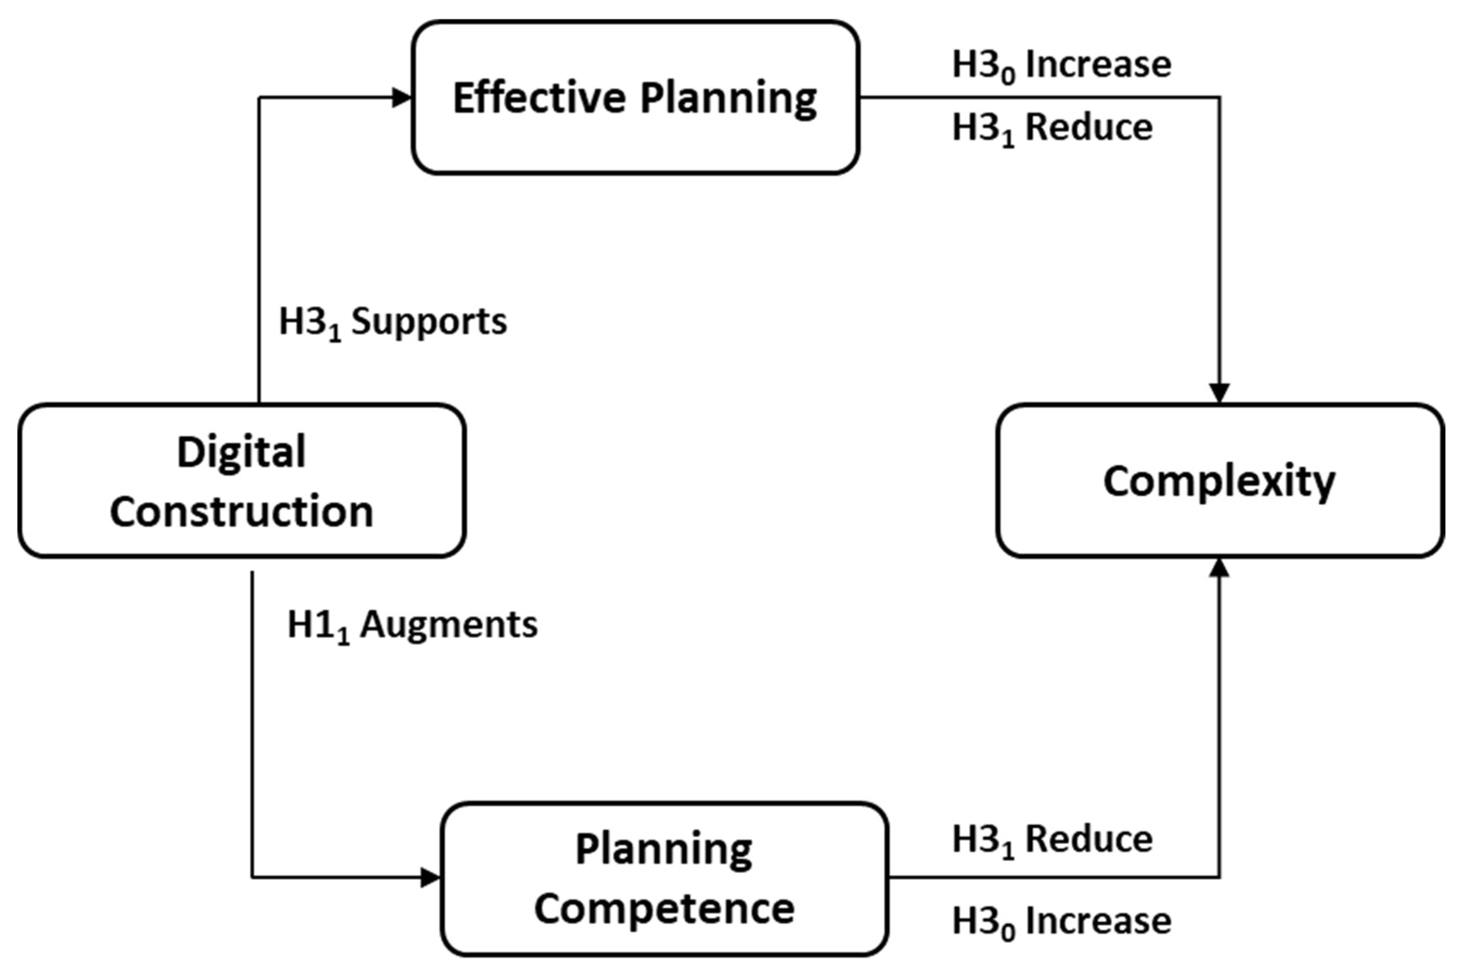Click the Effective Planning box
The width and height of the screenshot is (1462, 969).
coord(635,97)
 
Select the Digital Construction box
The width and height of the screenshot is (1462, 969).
coord(242,481)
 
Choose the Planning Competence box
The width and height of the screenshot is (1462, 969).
coord(664,878)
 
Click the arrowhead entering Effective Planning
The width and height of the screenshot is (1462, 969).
coord(402,97)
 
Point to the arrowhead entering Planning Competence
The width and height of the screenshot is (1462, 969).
coord(430,878)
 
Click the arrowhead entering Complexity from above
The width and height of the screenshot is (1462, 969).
coord(1219,393)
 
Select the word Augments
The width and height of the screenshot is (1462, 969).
coord(449,625)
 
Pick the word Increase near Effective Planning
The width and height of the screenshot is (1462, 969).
coord(1098,65)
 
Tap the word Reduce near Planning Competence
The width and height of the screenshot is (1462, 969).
coord(1089,839)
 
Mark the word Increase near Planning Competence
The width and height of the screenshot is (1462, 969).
coord(1098,921)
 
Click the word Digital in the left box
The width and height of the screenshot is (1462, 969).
coord(241,452)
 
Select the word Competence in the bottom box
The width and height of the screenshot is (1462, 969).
coord(664,908)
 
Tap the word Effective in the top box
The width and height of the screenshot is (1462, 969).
coord(539,97)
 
